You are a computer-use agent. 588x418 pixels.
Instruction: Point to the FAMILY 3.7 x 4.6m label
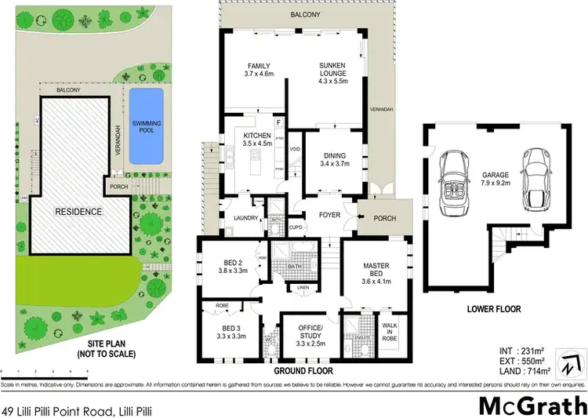259,71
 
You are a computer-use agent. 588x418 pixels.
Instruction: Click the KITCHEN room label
257,140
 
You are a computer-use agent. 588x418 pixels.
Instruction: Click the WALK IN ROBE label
390,330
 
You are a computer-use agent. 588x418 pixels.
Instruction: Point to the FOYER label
328,214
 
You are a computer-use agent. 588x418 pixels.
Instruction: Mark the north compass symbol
575,366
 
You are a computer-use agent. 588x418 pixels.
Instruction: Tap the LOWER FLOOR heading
494,310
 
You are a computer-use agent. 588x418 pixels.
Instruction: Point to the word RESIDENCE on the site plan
78,212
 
